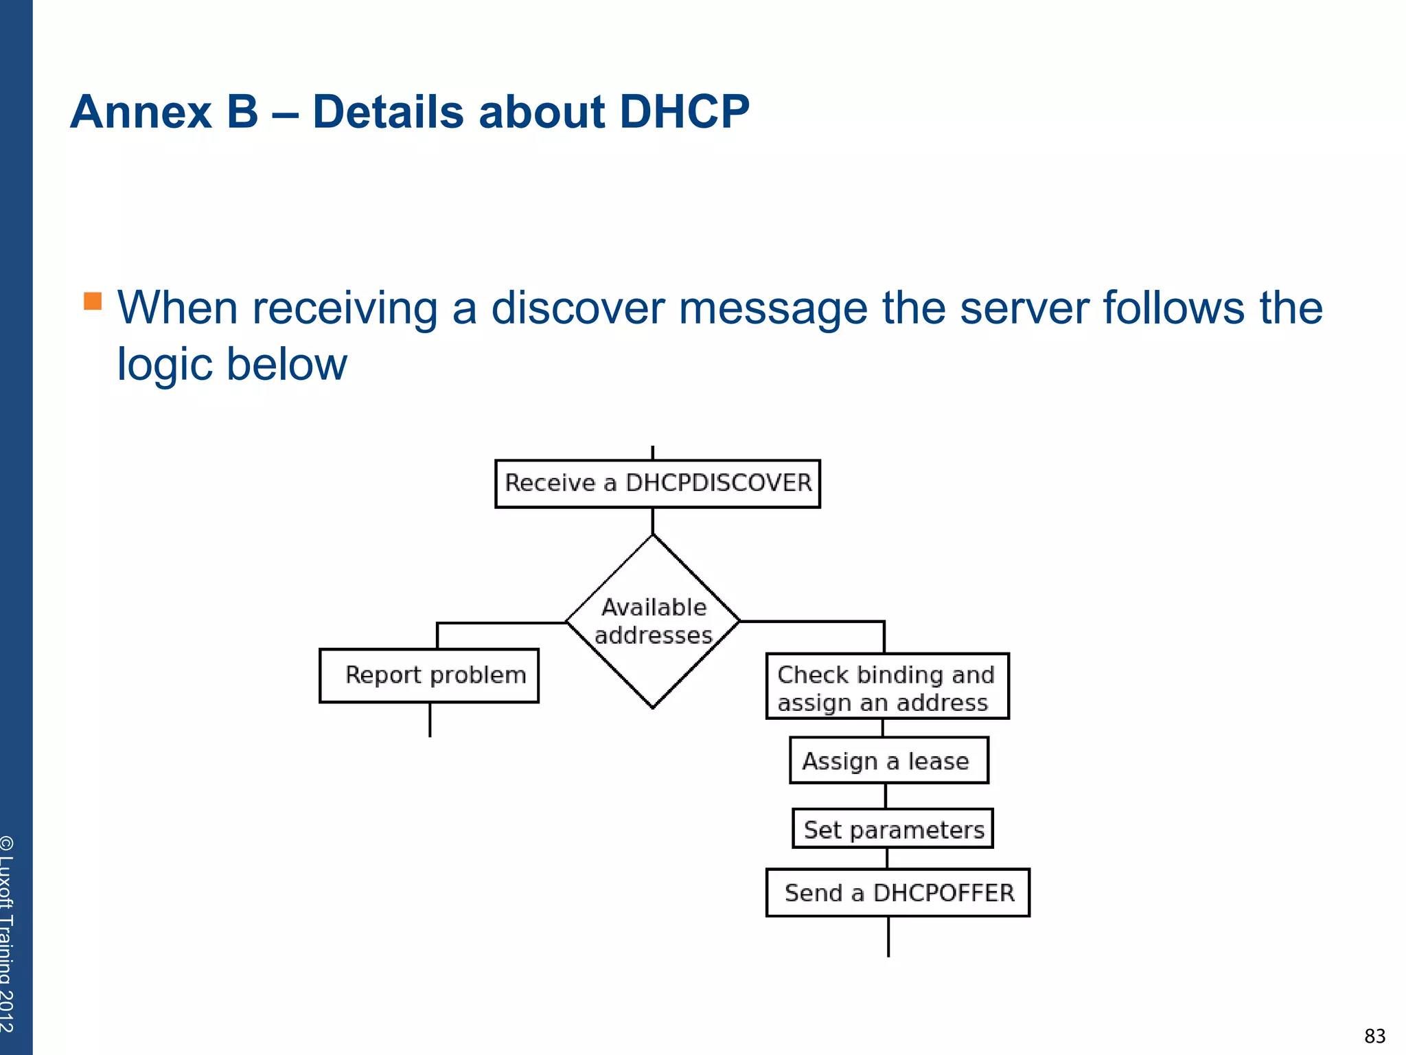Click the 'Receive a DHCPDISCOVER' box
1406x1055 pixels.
(x=657, y=484)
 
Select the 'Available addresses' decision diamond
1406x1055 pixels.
(x=653, y=621)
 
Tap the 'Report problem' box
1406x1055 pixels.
(x=429, y=675)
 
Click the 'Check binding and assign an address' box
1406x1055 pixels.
(x=887, y=686)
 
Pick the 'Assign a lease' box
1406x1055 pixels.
(x=888, y=760)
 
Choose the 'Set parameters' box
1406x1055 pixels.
(x=892, y=829)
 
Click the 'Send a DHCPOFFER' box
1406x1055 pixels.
(x=897, y=892)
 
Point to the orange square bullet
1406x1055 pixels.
(x=93, y=301)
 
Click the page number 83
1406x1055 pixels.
(x=1374, y=1036)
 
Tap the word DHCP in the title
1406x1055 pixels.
(x=684, y=112)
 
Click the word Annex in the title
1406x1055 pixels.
(x=141, y=112)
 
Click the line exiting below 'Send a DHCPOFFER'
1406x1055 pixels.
(x=888, y=936)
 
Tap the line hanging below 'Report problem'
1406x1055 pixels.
(x=430, y=720)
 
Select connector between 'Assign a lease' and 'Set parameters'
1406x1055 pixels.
(x=886, y=796)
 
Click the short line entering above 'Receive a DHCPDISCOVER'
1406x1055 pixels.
(x=652, y=453)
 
